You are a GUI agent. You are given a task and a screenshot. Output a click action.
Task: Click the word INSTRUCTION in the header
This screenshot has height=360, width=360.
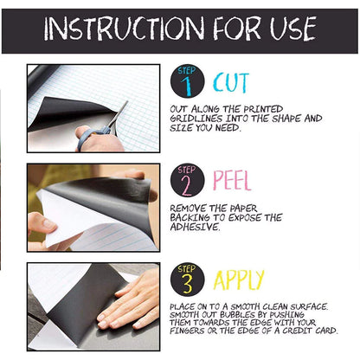(x=125, y=29)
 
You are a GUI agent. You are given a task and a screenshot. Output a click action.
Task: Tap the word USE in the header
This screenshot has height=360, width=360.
(x=293, y=29)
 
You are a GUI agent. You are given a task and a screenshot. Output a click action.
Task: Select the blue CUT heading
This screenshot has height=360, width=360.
(x=231, y=83)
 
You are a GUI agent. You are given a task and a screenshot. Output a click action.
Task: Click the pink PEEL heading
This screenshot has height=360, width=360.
(x=232, y=180)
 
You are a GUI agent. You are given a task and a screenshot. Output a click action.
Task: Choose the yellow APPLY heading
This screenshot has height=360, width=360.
(x=239, y=280)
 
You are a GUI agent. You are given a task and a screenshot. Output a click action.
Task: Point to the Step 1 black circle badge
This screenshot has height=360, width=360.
(x=188, y=81)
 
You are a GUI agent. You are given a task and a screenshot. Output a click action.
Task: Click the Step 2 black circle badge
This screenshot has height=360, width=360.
(x=188, y=180)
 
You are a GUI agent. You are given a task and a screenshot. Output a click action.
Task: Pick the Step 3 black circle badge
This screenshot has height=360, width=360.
(x=188, y=280)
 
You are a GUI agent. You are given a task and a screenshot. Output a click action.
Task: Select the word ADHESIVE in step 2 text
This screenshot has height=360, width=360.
(x=195, y=227)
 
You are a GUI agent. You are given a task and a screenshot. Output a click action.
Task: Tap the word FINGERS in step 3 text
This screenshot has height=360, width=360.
(x=187, y=331)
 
